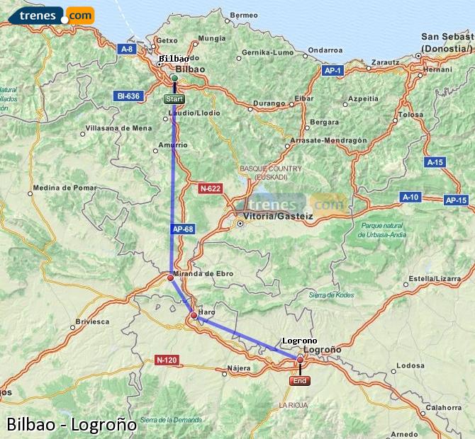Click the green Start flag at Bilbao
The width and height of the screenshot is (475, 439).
[x=174, y=99]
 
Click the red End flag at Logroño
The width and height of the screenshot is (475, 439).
[x=300, y=381]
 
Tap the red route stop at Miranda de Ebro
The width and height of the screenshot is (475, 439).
[x=170, y=278]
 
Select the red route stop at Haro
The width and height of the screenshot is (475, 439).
[x=194, y=315]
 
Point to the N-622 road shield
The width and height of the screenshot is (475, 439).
[x=210, y=188]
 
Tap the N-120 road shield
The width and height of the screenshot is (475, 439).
[x=166, y=360]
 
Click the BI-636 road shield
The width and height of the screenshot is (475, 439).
[x=128, y=96]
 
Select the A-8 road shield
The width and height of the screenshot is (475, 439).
[x=127, y=49]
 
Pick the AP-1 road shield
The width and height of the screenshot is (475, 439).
[x=333, y=71]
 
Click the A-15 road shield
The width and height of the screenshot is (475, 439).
[x=435, y=162]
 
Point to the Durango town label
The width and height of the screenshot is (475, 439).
[x=269, y=103]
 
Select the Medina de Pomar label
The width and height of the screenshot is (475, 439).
[x=65, y=188]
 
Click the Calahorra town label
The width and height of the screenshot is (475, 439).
[x=445, y=407]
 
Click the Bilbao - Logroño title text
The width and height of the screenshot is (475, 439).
[x=71, y=424]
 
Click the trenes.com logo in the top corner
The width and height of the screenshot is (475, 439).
[x=55, y=14]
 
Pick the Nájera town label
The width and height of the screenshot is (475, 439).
[x=239, y=368]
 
